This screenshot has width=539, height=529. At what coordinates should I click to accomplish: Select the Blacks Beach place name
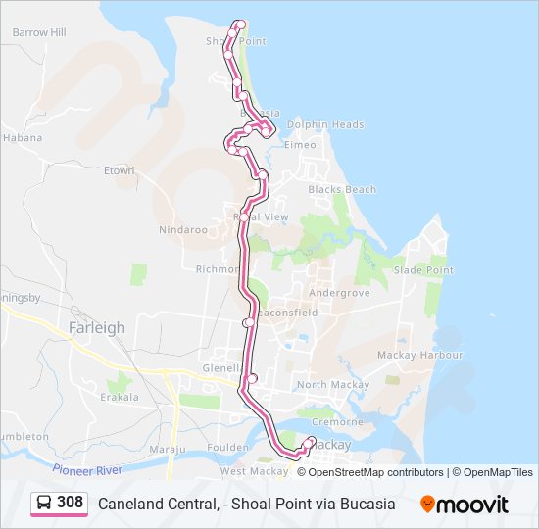coord(342,189)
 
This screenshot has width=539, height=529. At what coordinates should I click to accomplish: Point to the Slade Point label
coord(423,270)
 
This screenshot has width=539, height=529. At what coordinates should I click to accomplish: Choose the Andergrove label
coord(339,293)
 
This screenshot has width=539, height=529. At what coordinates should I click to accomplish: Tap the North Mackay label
coord(325,385)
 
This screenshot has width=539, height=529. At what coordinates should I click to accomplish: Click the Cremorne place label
coord(340,422)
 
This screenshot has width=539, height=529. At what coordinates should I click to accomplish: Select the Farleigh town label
coord(98,328)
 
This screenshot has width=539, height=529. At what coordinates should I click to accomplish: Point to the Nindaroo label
coord(183,230)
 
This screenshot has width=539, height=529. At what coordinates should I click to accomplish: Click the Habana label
coord(24,138)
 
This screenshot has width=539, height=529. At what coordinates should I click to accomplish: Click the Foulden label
coord(227,448)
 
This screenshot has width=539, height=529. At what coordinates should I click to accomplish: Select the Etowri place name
coord(119,170)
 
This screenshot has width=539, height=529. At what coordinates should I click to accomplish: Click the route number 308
coord(70,503)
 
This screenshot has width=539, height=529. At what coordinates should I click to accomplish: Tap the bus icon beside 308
coord(44,503)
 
